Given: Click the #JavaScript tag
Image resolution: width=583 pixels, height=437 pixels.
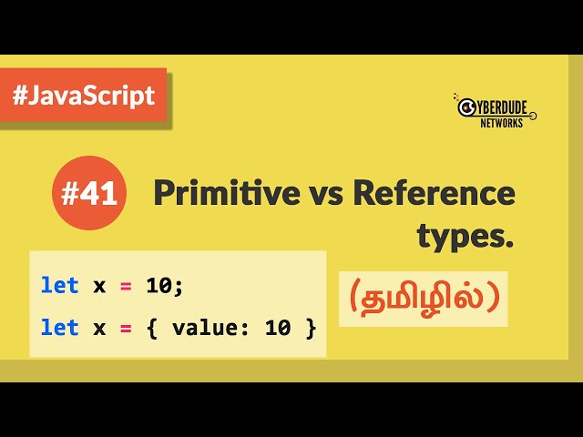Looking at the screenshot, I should pyautogui.click(x=84, y=96).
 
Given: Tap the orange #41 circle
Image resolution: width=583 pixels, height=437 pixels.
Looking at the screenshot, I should pyautogui.click(x=88, y=193).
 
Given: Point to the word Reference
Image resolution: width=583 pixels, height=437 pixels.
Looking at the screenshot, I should pyautogui.click(x=434, y=193).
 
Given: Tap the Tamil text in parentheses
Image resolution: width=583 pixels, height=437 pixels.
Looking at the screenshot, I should pyautogui.click(x=423, y=299).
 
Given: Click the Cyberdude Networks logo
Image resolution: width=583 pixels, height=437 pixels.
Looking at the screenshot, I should pyautogui.click(x=494, y=109).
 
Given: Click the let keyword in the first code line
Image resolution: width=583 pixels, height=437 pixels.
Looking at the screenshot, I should pyautogui.click(x=60, y=285).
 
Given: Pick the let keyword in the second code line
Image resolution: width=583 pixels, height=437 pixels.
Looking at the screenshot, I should pyautogui.click(x=60, y=327).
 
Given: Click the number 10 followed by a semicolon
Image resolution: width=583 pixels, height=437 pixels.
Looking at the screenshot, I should pyautogui.click(x=164, y=285).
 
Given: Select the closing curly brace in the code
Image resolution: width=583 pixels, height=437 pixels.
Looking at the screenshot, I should pyautogui.click(x=311, y=327).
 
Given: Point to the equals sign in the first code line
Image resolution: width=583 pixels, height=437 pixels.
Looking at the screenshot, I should pyautogui.click(x=126, y=285).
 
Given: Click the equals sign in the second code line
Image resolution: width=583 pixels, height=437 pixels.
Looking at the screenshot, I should pyautogui.click(x=126, y=327).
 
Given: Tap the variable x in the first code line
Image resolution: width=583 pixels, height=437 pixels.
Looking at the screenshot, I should pyautogui.click(x=99, y=285).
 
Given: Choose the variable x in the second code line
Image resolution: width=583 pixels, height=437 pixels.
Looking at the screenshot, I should pyautogui.click(x=99, y=327).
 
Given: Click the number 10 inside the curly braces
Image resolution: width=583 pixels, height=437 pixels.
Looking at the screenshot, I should pyautogui.click(x=278, y=327).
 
